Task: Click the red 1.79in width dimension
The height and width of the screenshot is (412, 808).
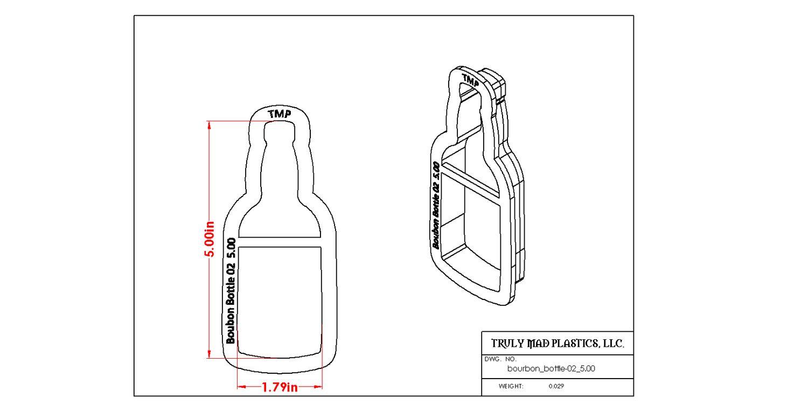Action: click(x=280, y=387)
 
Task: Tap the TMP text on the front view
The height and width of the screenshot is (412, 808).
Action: click(x=280, y=114)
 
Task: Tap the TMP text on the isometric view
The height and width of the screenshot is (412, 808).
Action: click(x=470, y=82)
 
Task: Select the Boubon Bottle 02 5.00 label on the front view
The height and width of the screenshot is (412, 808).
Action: click(x=231, y=290)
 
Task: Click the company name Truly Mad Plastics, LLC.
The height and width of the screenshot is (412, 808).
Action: click(x=558, y=344)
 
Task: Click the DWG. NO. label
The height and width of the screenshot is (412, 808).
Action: click(x=500, y=359)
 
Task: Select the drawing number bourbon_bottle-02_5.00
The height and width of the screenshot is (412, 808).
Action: click(x=551, y=369)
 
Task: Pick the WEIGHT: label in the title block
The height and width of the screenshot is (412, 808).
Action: click(x=511, y=386)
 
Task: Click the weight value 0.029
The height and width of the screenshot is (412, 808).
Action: click(x=556, y=386)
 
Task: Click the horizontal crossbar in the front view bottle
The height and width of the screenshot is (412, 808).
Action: click(x=280, y=242)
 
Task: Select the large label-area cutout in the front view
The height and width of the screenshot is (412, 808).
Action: click(x=280, y=299)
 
